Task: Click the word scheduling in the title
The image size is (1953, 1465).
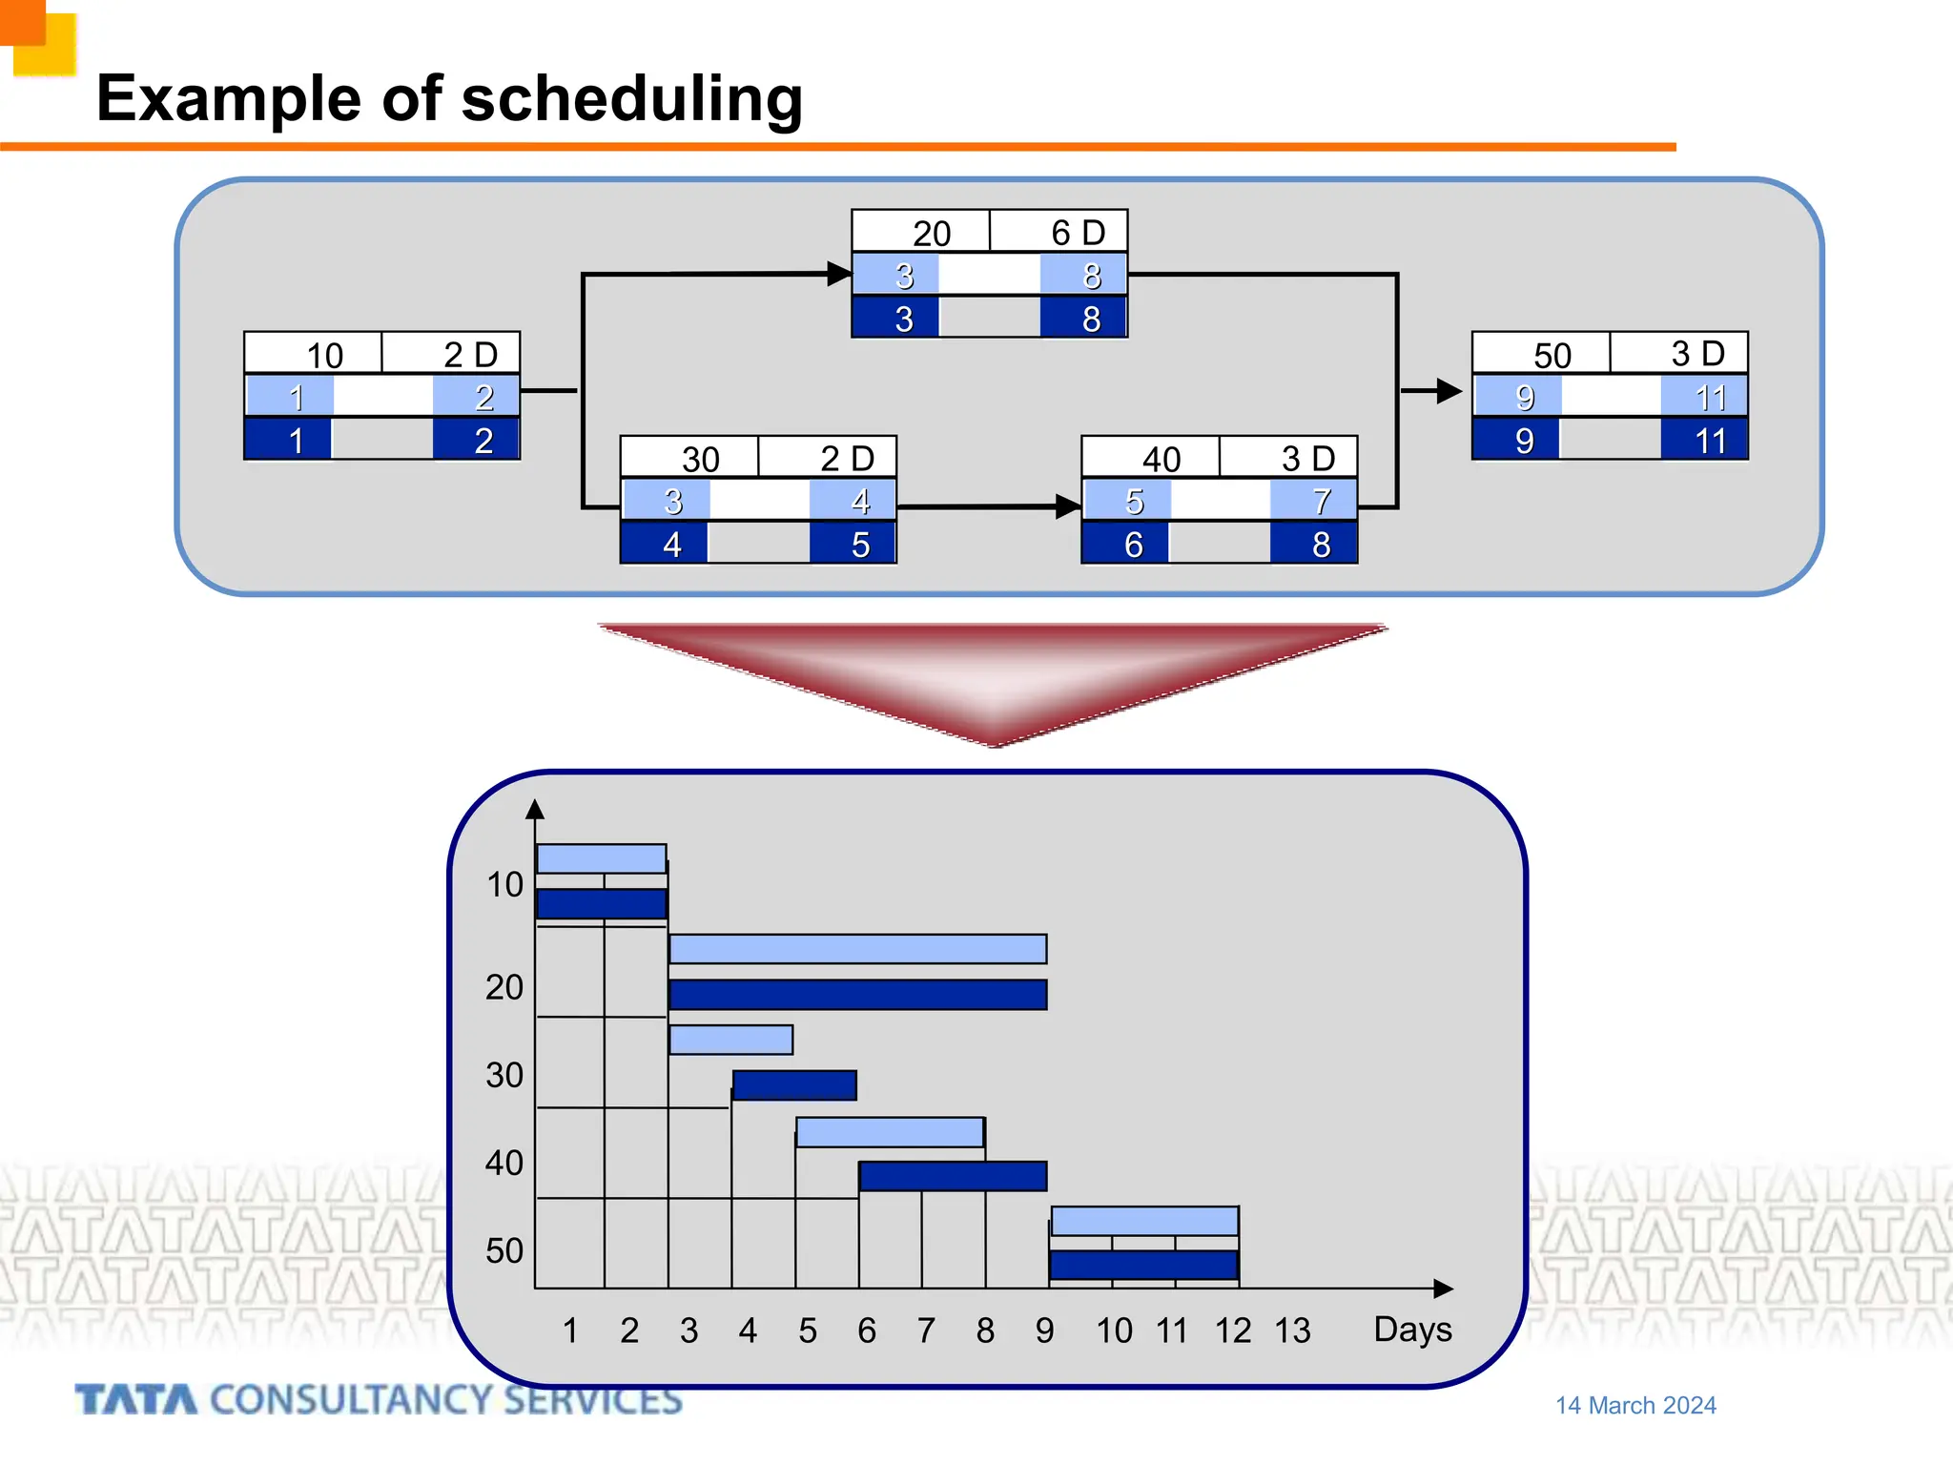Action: (631, 99)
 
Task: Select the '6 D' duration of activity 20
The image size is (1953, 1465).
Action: (1078, 232)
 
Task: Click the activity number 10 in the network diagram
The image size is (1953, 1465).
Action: (324, 355)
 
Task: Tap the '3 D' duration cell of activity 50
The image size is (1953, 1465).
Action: (1697, 354)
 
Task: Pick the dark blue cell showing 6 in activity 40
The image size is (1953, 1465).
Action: (1133, 545)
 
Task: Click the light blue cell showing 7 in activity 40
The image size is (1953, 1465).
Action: (1321, 501)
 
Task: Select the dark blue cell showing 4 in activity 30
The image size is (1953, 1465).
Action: (671, 545)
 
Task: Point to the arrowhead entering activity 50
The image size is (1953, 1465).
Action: (1448, 391)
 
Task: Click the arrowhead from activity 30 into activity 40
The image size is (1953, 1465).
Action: (1067, 506)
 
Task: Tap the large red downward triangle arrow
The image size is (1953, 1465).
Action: (992, 677)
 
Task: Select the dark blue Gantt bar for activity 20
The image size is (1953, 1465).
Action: (857, 995)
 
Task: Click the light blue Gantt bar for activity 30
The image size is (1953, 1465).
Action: (730, 1040)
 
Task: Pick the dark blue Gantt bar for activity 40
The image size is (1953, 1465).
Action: (953, 1176)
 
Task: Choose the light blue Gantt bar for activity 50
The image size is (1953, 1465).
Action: (1144, 1221)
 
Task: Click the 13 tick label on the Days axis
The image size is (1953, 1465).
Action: (1292, 1331)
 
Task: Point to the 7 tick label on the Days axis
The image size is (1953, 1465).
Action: (925, 1331)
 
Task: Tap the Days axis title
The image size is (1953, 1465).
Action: (1412, 1330)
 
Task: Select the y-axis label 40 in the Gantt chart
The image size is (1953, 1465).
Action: (504, 1163)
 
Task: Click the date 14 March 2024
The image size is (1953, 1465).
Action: (1635, 1406)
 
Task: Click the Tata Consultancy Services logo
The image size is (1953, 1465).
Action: (379, 1400)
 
